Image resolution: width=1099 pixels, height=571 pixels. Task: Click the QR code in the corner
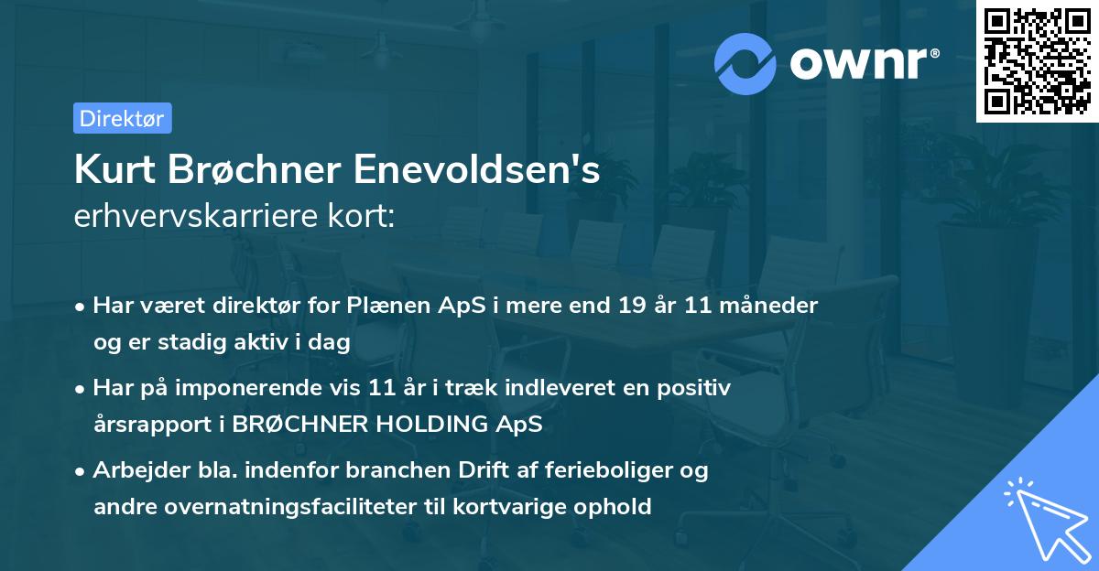pos(1038,60)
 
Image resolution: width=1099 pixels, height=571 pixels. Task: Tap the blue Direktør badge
pos(122,118)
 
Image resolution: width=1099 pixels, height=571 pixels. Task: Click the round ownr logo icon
pos(745,63)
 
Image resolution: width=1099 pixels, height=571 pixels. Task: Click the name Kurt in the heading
pos(115,170)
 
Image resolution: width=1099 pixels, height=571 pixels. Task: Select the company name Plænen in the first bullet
pos(379,305)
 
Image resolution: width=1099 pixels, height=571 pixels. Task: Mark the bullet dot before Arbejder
pos(81,471)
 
